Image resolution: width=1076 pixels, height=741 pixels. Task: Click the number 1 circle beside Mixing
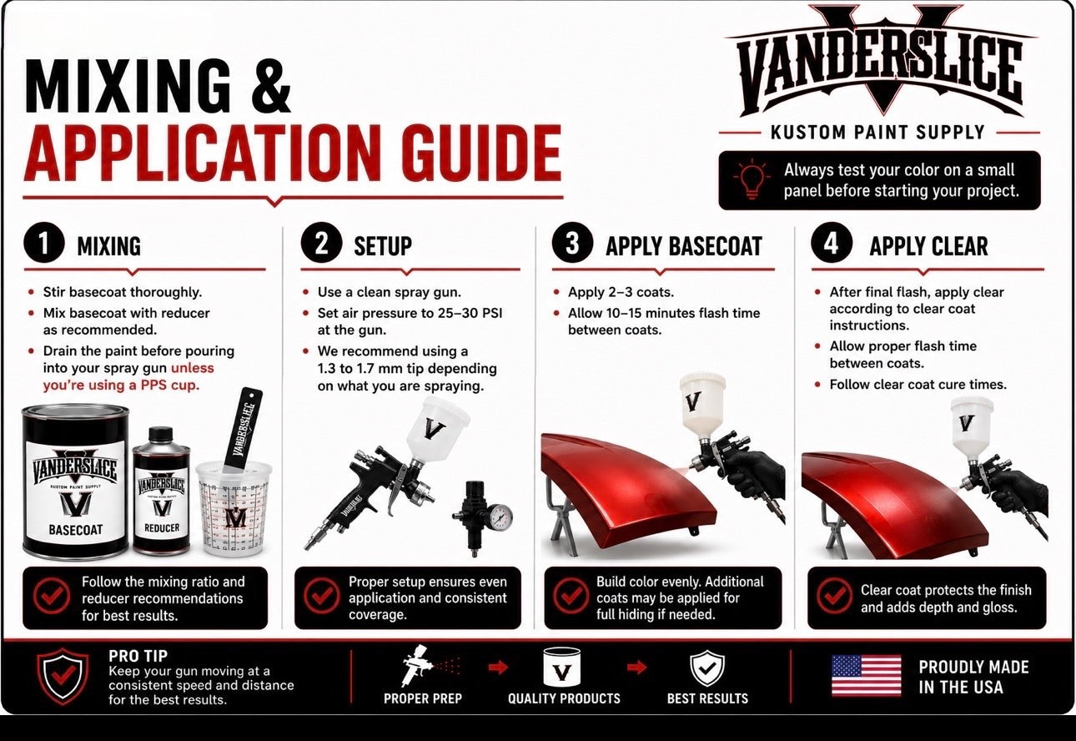point(44,243)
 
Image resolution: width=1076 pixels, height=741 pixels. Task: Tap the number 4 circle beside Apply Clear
point(832,243)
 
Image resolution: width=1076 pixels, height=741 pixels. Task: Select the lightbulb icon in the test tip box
point(752,179)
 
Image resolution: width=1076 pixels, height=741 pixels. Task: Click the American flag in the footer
point(866,675)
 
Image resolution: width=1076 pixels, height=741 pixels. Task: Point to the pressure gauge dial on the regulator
point(501,517)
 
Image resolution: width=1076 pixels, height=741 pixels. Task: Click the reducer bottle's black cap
point(160,434)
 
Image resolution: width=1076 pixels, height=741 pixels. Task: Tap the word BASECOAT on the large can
point(75,530)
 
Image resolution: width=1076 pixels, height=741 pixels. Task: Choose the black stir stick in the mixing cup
point(244,429)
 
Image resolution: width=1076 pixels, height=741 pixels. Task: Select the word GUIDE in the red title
point(482,153)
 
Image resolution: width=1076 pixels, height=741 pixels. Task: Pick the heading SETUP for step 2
point(383,246)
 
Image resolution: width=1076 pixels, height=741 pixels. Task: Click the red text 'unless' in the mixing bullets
point(192,368)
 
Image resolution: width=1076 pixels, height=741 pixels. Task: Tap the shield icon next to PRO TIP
point(63,675)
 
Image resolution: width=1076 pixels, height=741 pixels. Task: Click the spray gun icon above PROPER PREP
point(419,666)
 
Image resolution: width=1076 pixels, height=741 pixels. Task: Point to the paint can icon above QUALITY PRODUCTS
point(561,667)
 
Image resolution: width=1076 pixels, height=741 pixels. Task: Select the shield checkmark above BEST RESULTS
point(707,668)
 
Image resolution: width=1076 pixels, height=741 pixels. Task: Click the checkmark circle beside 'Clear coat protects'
point(835,596)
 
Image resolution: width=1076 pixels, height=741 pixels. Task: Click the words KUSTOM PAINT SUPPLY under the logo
point(877,132)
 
